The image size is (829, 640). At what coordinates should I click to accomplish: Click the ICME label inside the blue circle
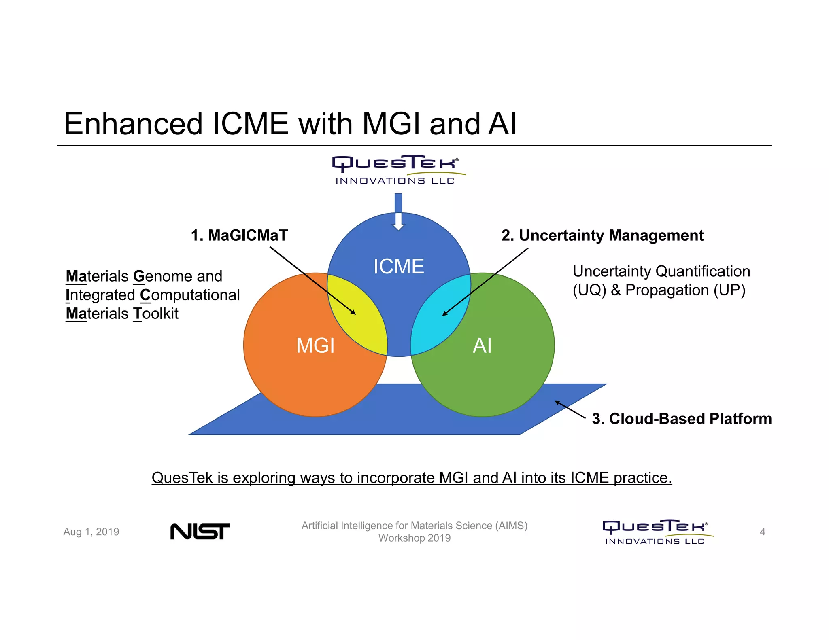(x=398, y=266)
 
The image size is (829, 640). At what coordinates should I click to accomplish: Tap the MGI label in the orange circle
(x=315, y=345)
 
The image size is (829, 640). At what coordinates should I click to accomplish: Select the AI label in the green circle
(x=482, y=345)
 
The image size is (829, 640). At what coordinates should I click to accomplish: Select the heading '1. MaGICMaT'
(x=239, y=235)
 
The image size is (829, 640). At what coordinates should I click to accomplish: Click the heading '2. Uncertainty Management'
(x=602, y=235)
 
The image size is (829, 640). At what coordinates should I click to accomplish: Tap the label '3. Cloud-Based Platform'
(x=682, y=419)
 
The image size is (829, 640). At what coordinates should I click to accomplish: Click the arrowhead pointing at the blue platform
(x=557, y=402)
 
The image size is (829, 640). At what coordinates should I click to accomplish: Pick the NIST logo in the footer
(x=200, y=531)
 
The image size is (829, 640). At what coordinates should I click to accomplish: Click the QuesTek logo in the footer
(x=657, y=532)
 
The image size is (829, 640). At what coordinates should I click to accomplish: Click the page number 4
(x=763, y=532)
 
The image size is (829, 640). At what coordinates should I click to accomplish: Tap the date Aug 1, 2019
(x=91, y=532)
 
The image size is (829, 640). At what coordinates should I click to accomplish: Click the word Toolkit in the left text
(x=156, y=314)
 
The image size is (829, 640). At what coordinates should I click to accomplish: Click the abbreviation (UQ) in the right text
(x=589, y=290)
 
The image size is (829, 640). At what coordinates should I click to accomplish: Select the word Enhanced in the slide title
(x=133, y=124)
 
